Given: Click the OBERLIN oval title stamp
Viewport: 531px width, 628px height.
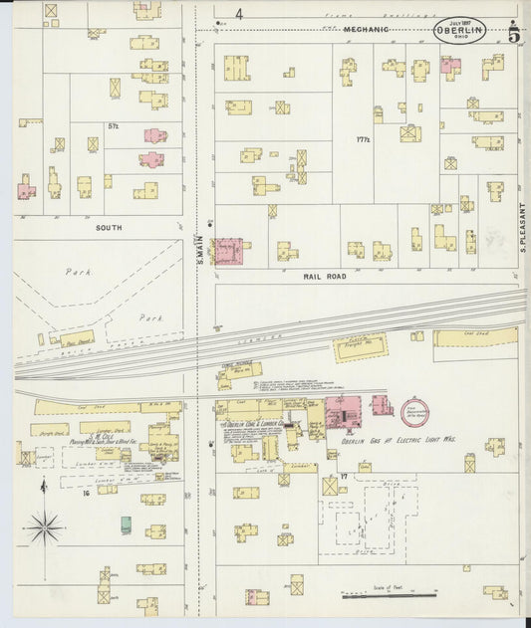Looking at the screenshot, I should click(459, 31).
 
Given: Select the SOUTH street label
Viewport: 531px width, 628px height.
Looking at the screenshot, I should click(109, 228).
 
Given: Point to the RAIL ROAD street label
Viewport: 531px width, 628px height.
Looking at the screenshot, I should click(326, 276).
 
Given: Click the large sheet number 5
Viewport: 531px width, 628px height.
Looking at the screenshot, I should click(512, 35).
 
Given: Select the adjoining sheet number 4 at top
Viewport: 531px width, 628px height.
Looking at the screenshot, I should click(239, 14).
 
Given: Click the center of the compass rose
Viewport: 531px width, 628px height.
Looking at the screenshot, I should click(45, 526).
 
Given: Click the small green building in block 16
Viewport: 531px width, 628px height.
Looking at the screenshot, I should click(126, 524).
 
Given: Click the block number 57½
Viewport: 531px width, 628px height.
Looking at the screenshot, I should click(114, 126).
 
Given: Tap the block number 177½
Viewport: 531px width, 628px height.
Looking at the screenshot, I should click(363, 140).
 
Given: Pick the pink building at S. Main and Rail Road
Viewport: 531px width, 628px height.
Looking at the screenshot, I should click(230, 251).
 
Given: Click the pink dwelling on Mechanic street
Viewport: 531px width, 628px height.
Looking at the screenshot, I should click(450, 68).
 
